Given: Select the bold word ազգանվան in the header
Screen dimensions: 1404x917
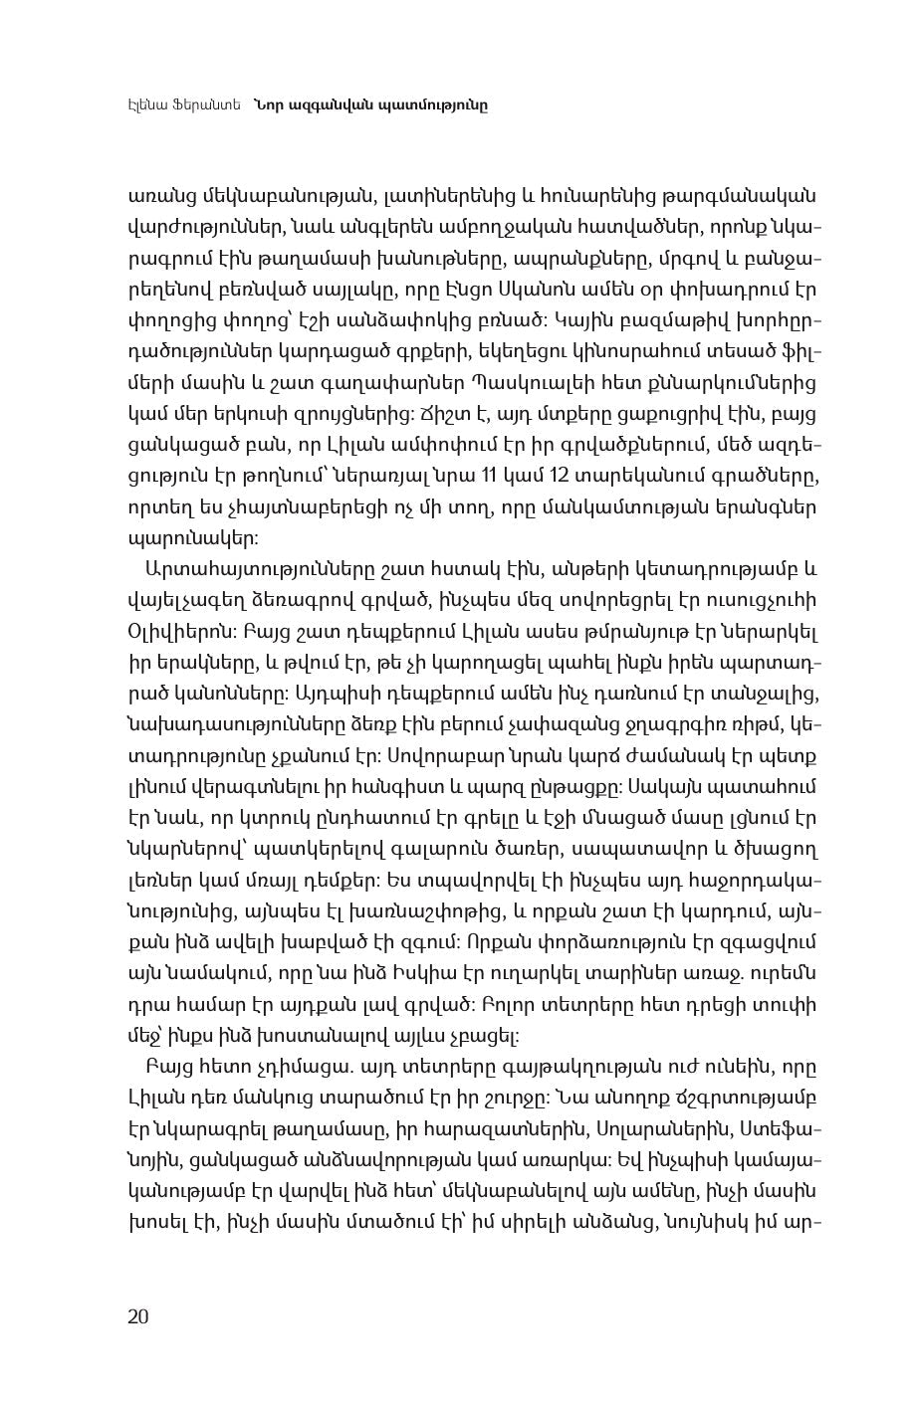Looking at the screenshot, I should (331, 103).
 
